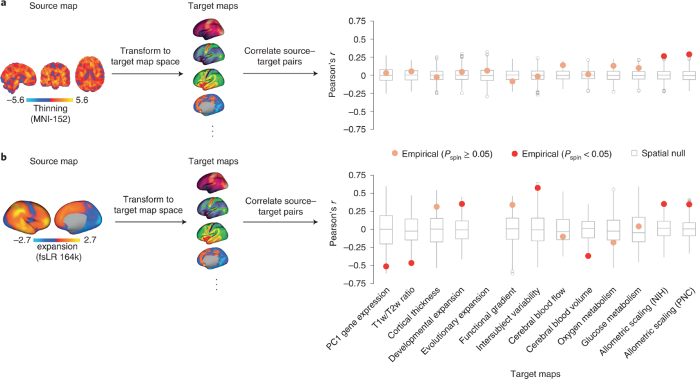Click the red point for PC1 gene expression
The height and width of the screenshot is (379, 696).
(x=386, y=266)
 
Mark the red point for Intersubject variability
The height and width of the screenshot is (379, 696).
(x=537, y=188)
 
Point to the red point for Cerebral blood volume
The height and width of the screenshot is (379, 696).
(x=588, y=255)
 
